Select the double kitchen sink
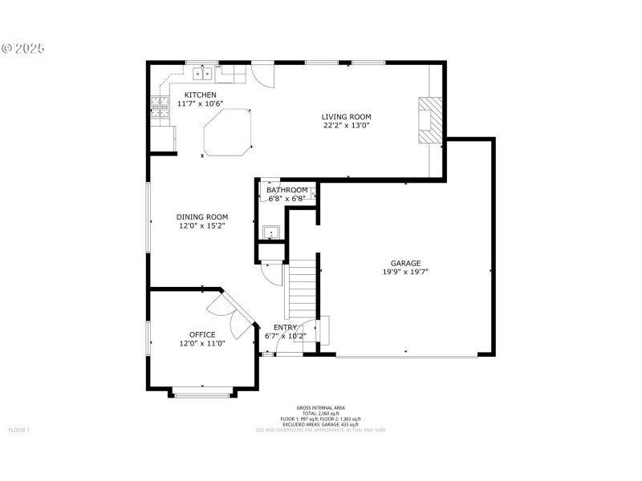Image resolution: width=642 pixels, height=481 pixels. [202, 75]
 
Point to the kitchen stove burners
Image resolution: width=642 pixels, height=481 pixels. [160, 108]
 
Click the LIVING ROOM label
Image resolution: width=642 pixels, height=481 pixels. [347, 116]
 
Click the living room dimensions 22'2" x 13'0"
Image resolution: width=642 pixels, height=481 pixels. [347, 126]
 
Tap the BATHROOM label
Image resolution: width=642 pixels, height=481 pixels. [286, 190]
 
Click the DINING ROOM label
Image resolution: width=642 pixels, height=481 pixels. [202, 216]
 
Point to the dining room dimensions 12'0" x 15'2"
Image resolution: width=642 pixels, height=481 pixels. [202, 226]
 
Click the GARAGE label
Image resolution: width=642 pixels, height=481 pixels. [405, 263]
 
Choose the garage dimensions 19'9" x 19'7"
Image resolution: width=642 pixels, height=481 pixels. [405, 273]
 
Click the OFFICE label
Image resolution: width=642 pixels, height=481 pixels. [202, 334]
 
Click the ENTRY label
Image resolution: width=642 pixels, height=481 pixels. [286, 327]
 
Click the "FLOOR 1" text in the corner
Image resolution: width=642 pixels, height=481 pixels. [18, 430]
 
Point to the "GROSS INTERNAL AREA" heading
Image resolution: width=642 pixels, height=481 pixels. [320, 408]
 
